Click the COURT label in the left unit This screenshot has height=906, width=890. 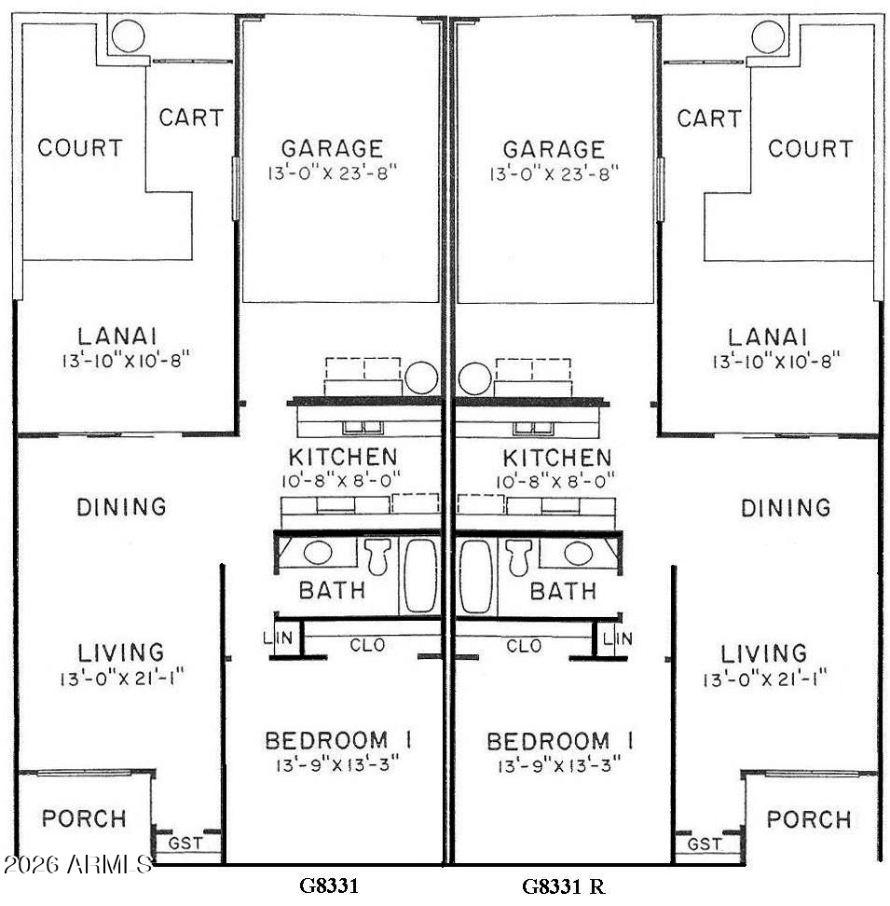[x=80, y=148]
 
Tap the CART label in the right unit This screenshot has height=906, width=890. [x=709, y=118]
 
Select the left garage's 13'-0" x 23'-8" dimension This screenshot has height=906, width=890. [x=333, y=173]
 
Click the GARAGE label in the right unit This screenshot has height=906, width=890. [x=554, y=150]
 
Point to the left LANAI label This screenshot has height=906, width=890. [x=117, y=336]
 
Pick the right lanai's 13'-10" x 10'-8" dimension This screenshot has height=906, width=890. [x=776, y=362]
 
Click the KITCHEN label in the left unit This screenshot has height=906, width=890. [x=343, y=457]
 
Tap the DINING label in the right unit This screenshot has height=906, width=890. [x=786, y=508]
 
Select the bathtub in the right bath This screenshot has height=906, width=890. [x=476, y=577]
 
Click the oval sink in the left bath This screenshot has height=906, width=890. [x=318, y=553]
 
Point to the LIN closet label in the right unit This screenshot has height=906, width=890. [x=617, y=638]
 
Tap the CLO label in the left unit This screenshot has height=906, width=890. [x=367, y=645]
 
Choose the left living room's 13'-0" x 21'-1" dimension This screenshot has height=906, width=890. [x=122, y=678]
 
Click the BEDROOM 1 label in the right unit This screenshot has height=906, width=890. [x=560, y=741]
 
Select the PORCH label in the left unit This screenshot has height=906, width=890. [x=84, y=818]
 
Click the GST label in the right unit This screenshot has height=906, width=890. [x=705, y=844]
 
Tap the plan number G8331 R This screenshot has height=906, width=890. [x=564, y=885]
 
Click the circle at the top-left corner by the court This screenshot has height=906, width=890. [x=129, y=35]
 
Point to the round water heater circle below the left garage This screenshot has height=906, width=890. [x=421, y=377]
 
